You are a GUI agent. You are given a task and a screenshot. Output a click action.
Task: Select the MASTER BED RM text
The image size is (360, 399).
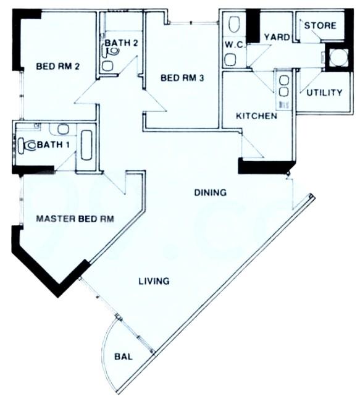[75, 219]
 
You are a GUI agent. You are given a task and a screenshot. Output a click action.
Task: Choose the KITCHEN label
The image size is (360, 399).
[256, 115]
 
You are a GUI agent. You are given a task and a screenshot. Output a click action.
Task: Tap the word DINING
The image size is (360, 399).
[210, 193]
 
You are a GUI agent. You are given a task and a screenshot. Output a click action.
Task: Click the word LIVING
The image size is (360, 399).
[154, 281]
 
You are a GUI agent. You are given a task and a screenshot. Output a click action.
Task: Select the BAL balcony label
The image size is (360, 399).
[124, 356]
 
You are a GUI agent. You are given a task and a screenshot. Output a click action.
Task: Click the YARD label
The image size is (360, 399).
[276, 37]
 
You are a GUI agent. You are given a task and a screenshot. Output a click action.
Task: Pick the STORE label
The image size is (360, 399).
[320, 26]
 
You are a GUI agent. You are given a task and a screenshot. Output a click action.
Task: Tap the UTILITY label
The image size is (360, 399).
[324, 93]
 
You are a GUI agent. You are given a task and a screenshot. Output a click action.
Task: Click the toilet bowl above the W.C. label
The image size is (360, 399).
[233, 25]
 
